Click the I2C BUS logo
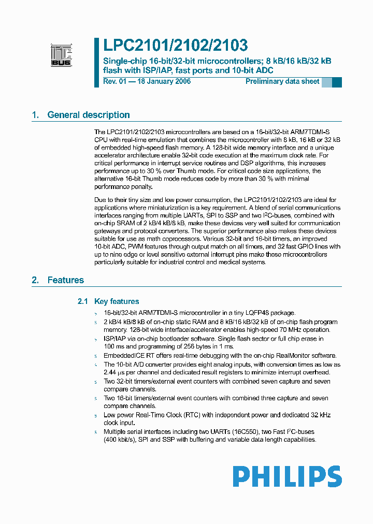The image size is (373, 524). pos(61,54)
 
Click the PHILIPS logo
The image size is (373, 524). pos(286,476)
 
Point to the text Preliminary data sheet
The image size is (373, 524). pos(282,82)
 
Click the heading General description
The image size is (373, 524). pos(88,115)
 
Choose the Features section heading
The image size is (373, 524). pos(65,280)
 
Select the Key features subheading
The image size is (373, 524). pos(117,301)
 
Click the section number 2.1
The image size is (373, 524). pos(83,301)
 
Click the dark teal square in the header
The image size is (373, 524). pos(337,82)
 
